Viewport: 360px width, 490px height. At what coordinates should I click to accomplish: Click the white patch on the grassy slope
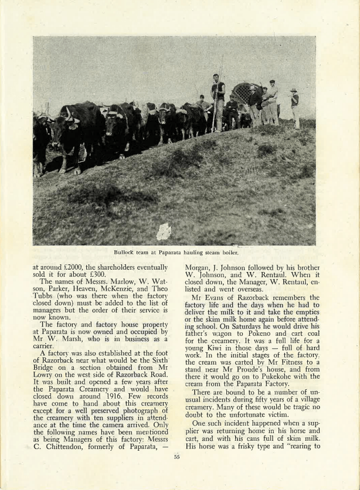[x=164, y=232]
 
